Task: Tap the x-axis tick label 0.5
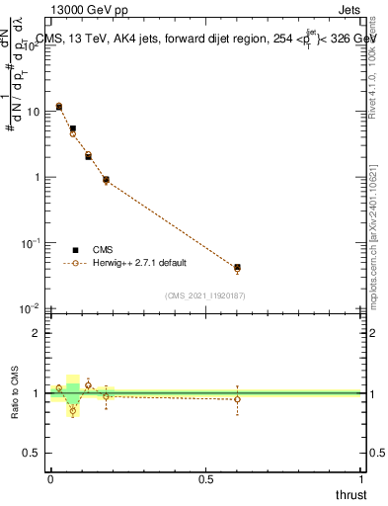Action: pos(206,479)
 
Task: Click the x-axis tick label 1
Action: pos(362,479)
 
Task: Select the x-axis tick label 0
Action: pos(50,479)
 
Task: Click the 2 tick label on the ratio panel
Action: pos(38,333)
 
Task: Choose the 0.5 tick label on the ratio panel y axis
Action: pos(33,454)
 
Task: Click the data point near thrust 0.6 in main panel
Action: pos(237,268)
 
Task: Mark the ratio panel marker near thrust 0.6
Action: pos(237,399)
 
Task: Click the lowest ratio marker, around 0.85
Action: pos(72,411)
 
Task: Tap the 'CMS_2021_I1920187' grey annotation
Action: pos(204,295)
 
